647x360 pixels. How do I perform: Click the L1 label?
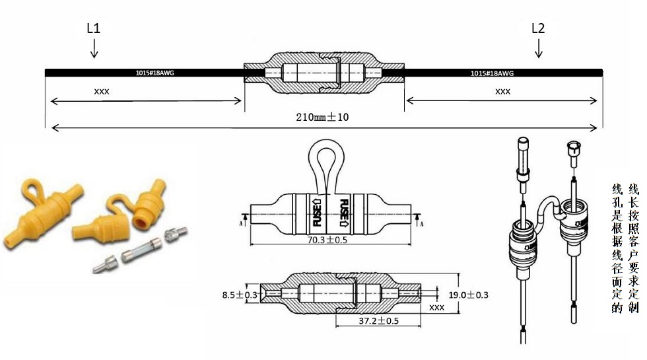(93, 28)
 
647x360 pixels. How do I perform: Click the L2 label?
(538, 28)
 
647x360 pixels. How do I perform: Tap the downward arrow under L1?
(94, 48)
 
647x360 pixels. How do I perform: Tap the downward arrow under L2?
(539, 48)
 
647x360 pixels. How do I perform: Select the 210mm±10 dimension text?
(322, 118)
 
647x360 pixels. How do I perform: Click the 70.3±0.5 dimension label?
(327, 239)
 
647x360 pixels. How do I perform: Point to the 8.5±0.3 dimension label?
(239, 295)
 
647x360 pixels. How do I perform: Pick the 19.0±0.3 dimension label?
(468, 295)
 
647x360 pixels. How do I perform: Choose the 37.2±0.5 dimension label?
(378, 321)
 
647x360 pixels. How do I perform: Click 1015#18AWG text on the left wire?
(154, 73)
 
